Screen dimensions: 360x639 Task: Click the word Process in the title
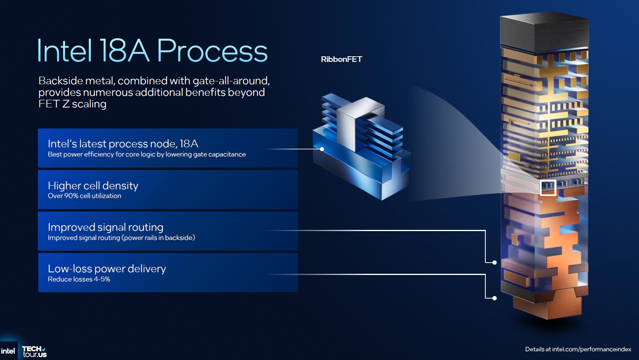pyautogui.click(x=212, y=51)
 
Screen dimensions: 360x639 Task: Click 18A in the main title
pyautogui.click(x=124, y=51)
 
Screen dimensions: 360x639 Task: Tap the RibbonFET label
pyautogui.click(x=341, y=59)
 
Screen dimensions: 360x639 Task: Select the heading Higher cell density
pyautogui.click(x=93, y=186)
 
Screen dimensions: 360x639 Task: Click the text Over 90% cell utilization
pyautogui.click(x=85, y=196)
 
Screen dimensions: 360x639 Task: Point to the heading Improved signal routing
pyautogui.click(x=105, y=227)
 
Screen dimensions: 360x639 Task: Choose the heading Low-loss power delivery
pyautogui.click(x=107, y=269)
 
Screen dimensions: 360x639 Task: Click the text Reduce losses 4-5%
pyautogui.click(x=79, y=279)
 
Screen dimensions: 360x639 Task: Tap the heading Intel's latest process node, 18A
pyautogui.click(x=123, y=144)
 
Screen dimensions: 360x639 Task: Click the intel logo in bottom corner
pyautogui.click(x=8, y=351)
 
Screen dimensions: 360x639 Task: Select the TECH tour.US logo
pyautogui.click(x=34, y=351)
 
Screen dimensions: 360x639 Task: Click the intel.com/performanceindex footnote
pyautogui.click(x=578, y=349)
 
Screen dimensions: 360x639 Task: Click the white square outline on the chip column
pyautogui.click(x=548, y=188)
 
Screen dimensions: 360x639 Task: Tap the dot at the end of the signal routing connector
pyautogui.click(x=495, y=263)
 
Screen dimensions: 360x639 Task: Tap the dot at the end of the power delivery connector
pyautogui.click(x=495, y=298)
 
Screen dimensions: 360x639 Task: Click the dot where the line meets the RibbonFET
pyautogui.click(x=322, y=149)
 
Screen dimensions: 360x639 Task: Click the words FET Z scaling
pyautogui.click(x=72, y=104)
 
